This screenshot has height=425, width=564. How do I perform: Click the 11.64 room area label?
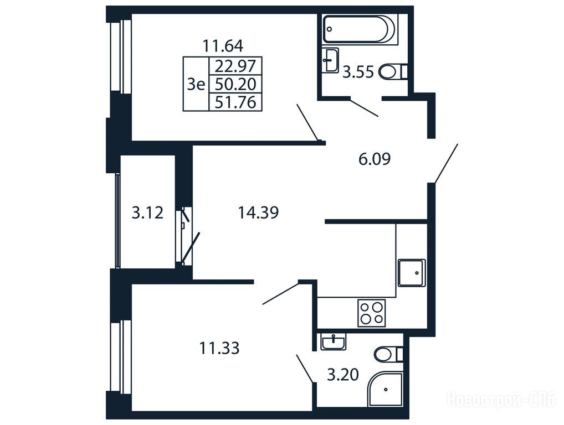[223, 46]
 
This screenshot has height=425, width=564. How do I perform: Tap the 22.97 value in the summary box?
[235, 66]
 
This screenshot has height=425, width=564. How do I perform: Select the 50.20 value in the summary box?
[235, 85]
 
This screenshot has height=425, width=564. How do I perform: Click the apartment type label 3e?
[196, 85]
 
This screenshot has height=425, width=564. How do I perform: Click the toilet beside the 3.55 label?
[393, 72]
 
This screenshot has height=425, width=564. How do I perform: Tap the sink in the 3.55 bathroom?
[330, 60]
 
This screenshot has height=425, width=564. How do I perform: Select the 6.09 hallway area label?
[375, 159]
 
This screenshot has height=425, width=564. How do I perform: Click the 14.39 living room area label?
[258, 212]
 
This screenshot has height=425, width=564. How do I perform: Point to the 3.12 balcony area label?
[147, 212]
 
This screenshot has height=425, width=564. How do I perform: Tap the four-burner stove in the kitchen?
[372, 313]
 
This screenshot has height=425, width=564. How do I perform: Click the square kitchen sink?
[412, 273]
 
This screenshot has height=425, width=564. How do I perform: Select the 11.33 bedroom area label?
[219, 348]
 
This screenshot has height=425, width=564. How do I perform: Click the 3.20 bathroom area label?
[343, 375]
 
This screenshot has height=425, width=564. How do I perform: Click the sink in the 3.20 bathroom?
[334, 341]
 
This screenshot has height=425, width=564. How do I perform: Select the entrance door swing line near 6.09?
[446, 164]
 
